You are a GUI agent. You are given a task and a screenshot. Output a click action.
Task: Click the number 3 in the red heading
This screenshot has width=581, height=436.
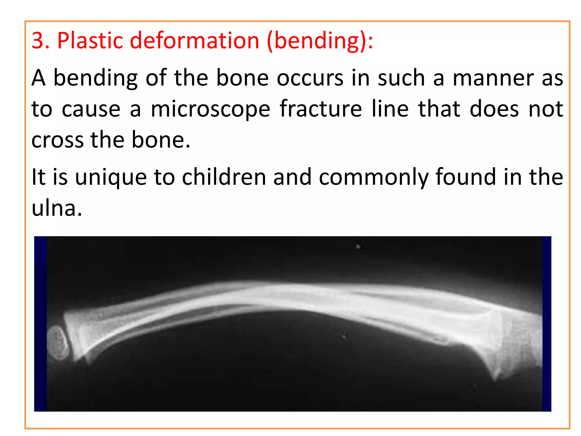(38, 41)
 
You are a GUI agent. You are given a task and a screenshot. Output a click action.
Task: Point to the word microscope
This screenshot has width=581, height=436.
(210, 109)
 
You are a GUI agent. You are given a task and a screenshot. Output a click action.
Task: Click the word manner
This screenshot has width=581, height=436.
(493, 78)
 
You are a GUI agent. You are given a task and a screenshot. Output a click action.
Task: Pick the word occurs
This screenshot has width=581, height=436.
(310, 78)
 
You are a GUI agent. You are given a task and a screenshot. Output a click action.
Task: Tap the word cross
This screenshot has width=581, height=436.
(57, 140)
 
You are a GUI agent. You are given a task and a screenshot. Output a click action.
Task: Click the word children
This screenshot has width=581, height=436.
(224, 177)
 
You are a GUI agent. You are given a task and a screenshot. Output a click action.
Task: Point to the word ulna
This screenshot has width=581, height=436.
(56, 208)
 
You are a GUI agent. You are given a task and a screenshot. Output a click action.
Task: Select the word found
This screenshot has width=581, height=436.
(466, 177)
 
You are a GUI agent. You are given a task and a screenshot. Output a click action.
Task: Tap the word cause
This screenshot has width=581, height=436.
(91, 109)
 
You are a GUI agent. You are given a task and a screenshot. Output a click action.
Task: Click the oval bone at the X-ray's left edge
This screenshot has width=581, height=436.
(58, 343)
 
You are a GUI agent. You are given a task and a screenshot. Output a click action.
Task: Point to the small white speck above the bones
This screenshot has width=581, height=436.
(358, 247)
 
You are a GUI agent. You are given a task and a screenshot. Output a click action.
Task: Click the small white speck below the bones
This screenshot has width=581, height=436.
(344, 337)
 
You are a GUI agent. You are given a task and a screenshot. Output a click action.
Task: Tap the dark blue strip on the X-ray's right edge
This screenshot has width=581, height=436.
(547, 324)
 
